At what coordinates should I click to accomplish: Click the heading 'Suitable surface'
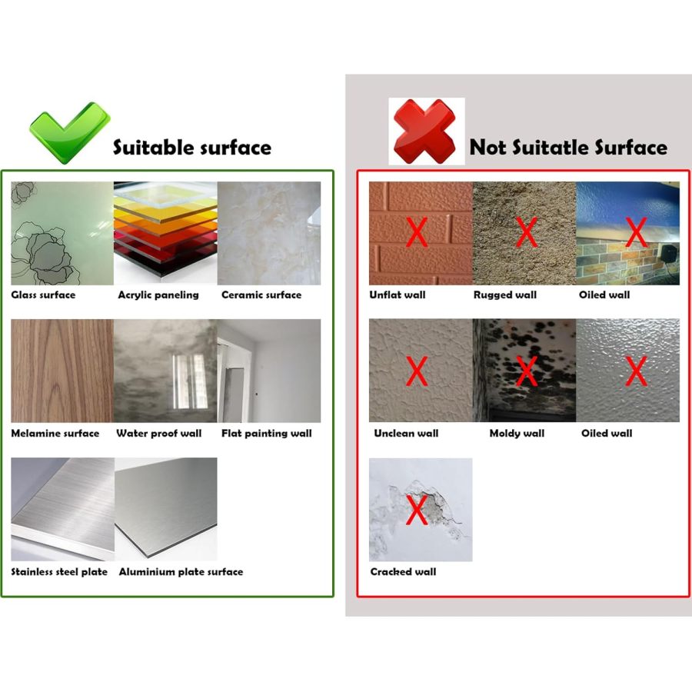pyautogui.click(x=192, y=147)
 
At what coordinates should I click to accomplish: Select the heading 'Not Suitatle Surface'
pyautogui.click(x=568, y=147)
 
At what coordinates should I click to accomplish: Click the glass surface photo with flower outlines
pyautogui.click(x=62, y=233)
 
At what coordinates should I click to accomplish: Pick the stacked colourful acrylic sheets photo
pyautogui.click(x=165, y=233)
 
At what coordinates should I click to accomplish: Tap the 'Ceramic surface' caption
pyautogui.click(x=261, y=294)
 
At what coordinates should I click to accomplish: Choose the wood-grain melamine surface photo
pyautogui.click(x=62, y=371)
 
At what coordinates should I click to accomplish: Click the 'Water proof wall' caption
pyautogui.click(x=159, y=433)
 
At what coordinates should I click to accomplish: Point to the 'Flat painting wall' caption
pyautogui.click(x=267, y=433)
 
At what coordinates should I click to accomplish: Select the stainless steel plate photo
pyautogui.click(x=62, y=509)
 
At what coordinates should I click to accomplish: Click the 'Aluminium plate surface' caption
pyautogui.click(x=181, y=571)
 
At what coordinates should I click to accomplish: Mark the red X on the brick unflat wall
pyautogui.click(x=416, y=232)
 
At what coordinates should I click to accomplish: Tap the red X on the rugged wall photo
pyautogui.click(x=526, y=232)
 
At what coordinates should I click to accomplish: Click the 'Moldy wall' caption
pyautogui.click(x=517, y=433)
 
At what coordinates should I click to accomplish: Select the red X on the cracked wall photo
pyautogui.click(x=416, y=510)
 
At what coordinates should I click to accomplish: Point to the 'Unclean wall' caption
pyautogui.click(x=406, y=433)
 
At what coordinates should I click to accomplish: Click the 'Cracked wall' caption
pyautogui.click(x=403, y=571)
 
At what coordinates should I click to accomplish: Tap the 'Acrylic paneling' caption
pyautogui.click(x=158, y=294)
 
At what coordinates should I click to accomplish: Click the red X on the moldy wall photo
pyautogui.click(x=526, y=371)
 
